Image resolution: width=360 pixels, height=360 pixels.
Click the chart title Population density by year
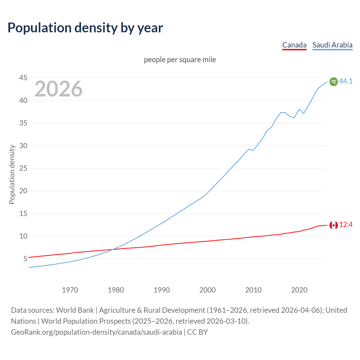85,28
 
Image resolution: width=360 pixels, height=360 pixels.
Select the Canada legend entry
294,45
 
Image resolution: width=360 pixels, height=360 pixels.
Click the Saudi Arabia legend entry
332,45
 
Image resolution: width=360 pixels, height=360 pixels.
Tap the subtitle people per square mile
180,60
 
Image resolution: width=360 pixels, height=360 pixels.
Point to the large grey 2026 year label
58,89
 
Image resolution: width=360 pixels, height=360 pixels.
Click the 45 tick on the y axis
23,78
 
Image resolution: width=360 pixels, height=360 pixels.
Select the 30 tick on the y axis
23,146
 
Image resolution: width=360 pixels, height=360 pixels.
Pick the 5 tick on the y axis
25,259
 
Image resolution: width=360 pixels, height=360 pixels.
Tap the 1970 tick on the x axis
70,290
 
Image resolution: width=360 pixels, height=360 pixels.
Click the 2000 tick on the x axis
208,290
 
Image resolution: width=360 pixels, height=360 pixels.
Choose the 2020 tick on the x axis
299,290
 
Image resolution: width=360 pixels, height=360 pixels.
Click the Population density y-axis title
12,174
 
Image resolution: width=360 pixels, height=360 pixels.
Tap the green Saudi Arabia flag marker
334,82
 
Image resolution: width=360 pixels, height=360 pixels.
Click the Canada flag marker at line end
334,225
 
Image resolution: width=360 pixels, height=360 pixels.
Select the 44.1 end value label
346,81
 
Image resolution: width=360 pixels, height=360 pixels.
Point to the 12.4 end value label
346,224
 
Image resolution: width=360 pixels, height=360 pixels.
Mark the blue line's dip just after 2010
253,150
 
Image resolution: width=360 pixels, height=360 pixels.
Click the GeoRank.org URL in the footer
96,332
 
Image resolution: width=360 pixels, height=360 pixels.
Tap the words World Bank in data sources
75,310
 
